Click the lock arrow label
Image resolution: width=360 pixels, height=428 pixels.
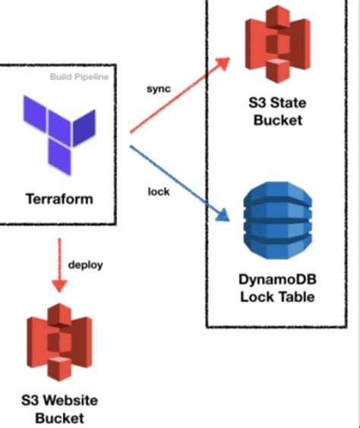click(158, 191)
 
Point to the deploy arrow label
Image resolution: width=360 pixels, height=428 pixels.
click(85, 265)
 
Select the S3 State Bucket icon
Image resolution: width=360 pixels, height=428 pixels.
click(275, 44)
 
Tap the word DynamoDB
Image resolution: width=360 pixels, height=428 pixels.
click(276, 279)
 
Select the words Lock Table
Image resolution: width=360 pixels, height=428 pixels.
click(276, 296)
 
